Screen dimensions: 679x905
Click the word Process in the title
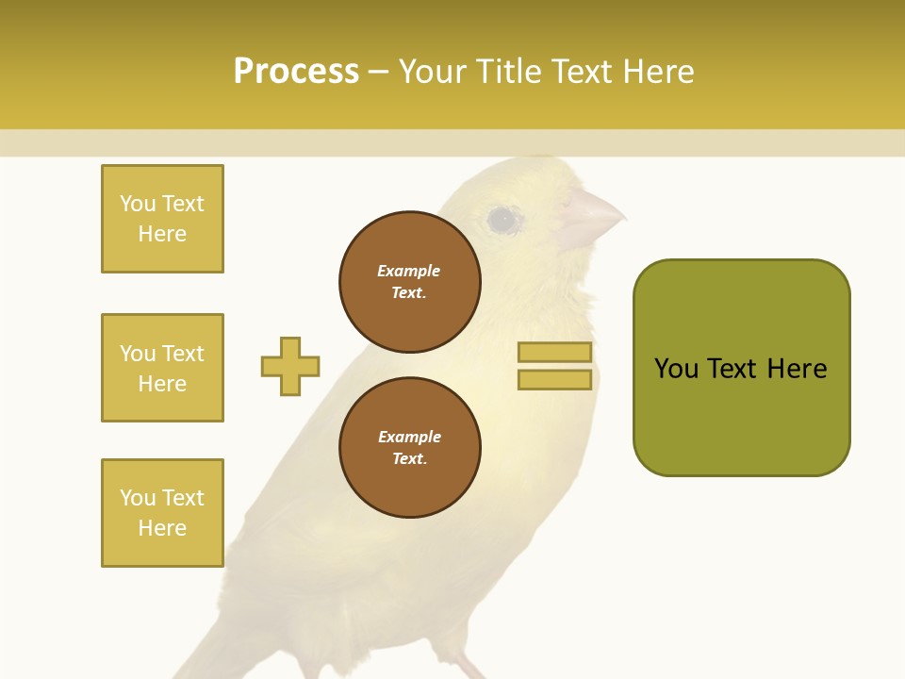click(296, 72)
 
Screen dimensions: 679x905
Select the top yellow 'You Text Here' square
click(162, 219)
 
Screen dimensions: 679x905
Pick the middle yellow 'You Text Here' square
click(162, 368)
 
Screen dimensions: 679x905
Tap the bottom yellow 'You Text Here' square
click(162, 513)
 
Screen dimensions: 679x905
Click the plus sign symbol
click(290, 366)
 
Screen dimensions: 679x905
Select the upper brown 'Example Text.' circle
click(409, 282)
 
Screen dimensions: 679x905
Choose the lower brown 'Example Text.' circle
click(409, 448)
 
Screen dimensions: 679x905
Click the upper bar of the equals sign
click(555, 353)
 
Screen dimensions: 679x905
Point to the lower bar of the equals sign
click(555, 380)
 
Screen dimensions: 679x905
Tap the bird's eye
click(502, 220)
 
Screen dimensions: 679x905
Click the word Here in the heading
click(658, 72)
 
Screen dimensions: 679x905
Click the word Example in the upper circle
click(409, 271)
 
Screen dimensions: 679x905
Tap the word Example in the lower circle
click(409, 437)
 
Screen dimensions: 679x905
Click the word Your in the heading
click(433, 72)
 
